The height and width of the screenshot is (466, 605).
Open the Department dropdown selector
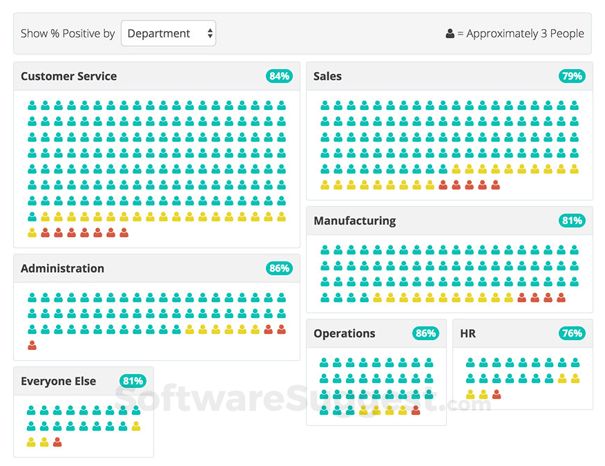[x=169, y=33]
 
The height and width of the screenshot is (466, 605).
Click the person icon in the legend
[x=450, y=33]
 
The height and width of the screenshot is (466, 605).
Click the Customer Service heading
[x=68, y=76]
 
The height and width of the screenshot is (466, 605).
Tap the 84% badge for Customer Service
[x=279, y=76]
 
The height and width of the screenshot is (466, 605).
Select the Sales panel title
[x=327, y=76]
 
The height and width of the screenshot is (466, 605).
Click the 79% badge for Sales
[x=572, y=76]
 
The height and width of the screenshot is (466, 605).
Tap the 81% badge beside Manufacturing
[x=572, y=221]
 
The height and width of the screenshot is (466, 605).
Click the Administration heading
[x=62, y=268]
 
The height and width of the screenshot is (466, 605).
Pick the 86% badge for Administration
[x=279, y=268]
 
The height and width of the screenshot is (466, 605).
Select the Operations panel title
[x=344, y=333]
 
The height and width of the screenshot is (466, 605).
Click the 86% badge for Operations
[x=425, y=333]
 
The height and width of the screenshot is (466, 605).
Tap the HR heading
[x=468, y=333]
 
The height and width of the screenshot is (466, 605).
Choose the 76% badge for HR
[x=572, y=333]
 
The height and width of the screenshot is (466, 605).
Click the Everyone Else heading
[x=58, y=381]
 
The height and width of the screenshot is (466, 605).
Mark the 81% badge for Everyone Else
[x=133, y=381]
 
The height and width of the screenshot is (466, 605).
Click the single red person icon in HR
[x=497, y=394]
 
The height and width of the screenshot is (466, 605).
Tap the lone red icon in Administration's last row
[x=32, y=345]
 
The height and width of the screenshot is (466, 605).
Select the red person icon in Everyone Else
[x=57, y=442]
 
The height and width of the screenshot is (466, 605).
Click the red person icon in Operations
[x=416, y=410]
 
